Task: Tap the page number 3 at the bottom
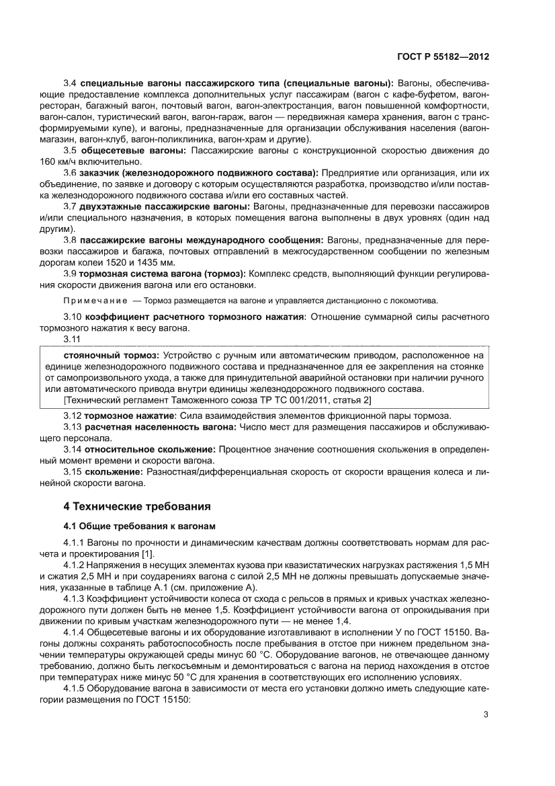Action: click(x=486, y=714)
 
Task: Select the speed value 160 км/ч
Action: click(x=59, y=161)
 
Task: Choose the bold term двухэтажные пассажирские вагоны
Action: click(x=165, y=205)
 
